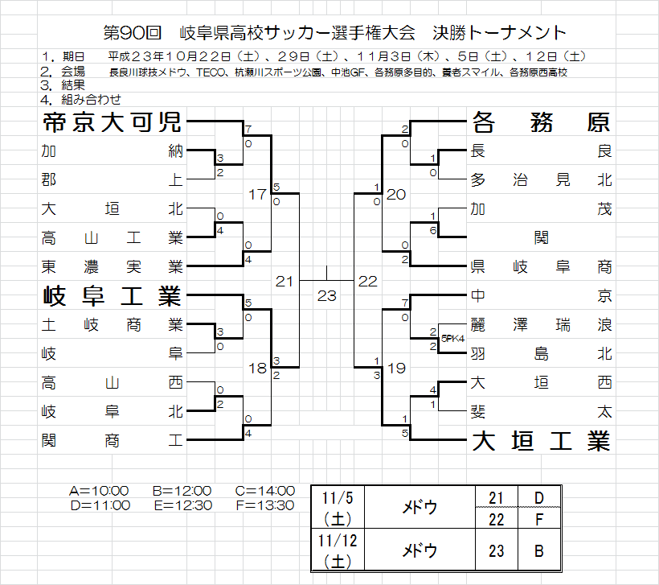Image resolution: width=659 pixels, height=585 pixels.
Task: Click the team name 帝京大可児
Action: point(112,123)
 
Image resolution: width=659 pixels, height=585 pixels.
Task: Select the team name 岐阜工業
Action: point(112,297)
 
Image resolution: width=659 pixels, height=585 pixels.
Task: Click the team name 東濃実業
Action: point(112,266)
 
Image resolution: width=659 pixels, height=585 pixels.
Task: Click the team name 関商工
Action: point(112,440)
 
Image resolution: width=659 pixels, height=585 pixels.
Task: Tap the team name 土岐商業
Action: point(112,325)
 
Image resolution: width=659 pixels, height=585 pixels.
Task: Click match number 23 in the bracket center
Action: point(326,296)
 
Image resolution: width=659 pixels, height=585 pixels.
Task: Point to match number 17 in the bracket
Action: point(257,195)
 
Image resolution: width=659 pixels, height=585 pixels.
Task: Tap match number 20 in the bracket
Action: point(396,195)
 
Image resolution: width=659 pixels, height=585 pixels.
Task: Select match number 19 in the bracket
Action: point(396,369)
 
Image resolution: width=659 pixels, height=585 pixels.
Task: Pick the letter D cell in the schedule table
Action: point(538,498)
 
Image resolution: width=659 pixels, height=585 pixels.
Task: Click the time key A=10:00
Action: point(99,490)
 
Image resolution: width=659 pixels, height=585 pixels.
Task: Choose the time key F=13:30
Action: point(264,505)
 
